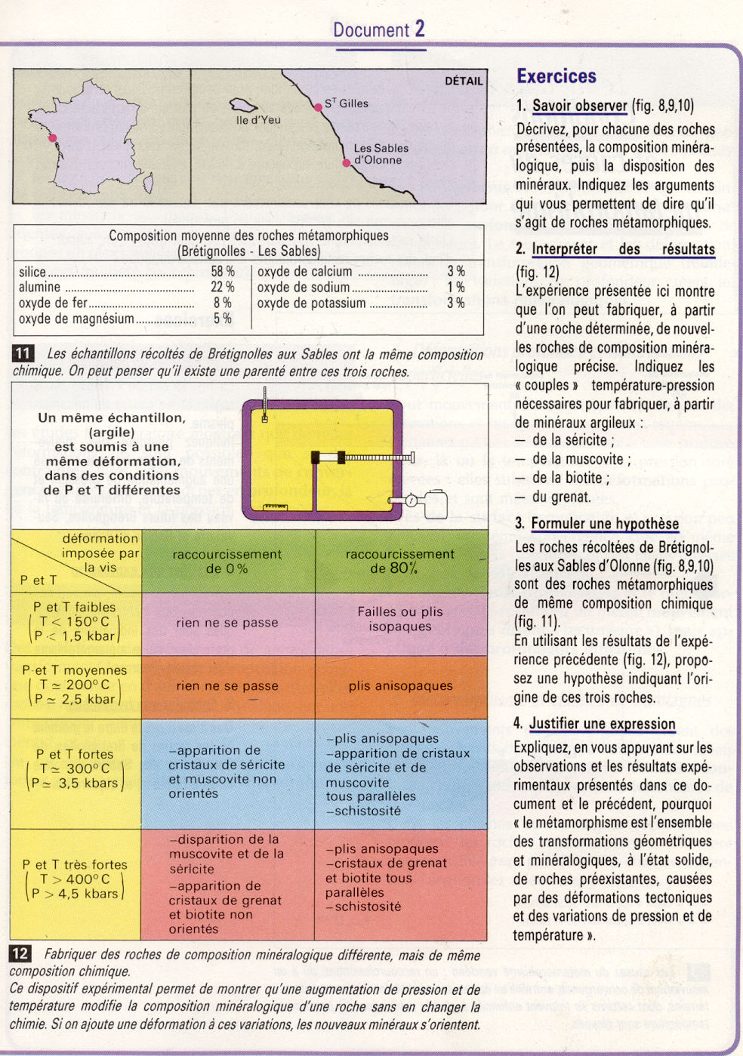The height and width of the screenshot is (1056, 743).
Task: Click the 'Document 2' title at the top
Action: coord(379,29)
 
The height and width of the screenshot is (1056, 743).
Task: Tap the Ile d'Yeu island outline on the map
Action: coord(244,106)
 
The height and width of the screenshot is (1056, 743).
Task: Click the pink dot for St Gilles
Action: coord(318,107)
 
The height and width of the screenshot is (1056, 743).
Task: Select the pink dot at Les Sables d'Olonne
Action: coord(347,163)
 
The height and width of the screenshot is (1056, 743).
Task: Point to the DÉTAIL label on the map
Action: coord(463,81)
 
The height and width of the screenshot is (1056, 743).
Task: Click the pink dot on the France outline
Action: coord(52,138)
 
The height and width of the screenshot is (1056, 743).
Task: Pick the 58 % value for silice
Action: coord(223,272)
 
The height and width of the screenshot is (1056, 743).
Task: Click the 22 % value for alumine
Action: coord(223,287)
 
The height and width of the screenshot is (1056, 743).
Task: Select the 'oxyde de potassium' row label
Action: coord(311,303)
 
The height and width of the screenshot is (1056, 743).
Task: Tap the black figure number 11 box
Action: coord(23,353)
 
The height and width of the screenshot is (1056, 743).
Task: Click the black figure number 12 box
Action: coord(20,953)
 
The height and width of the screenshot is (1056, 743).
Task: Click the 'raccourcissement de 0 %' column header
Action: coord(227,561)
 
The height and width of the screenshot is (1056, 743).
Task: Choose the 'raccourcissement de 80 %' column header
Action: coord(400,561)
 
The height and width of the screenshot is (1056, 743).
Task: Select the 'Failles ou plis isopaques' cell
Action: coord(400,619)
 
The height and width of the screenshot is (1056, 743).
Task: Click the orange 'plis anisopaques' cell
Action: coord(400,686)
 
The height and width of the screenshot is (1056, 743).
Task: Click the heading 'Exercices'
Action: coord(556,76)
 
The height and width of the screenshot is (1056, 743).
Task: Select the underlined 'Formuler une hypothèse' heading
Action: coord(605,524)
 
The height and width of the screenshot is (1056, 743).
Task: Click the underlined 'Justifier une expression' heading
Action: coord(602,724)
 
